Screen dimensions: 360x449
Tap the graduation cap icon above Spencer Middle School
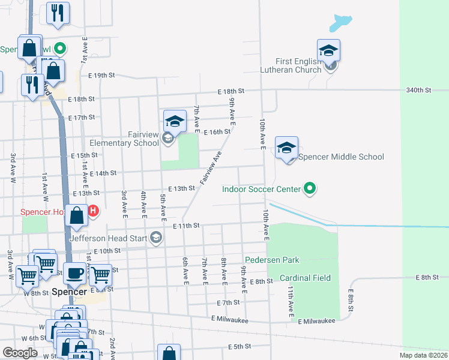coord(287,148)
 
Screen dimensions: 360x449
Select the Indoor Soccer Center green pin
coord(310,189)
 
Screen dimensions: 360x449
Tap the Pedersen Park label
coord(271,260)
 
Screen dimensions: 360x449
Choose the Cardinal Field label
coord(306,278)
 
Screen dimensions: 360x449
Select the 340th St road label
coord(418,90)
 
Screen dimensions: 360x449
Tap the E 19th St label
coord(101,76)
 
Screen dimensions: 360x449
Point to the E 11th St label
coord(185,226)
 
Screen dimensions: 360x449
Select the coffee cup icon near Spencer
coord(75,273)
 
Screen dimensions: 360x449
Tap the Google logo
coord(20,353)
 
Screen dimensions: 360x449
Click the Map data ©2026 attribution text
coord(423,355)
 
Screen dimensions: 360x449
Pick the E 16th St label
coord(217,132)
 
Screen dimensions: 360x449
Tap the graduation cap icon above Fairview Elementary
coord(174,121)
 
